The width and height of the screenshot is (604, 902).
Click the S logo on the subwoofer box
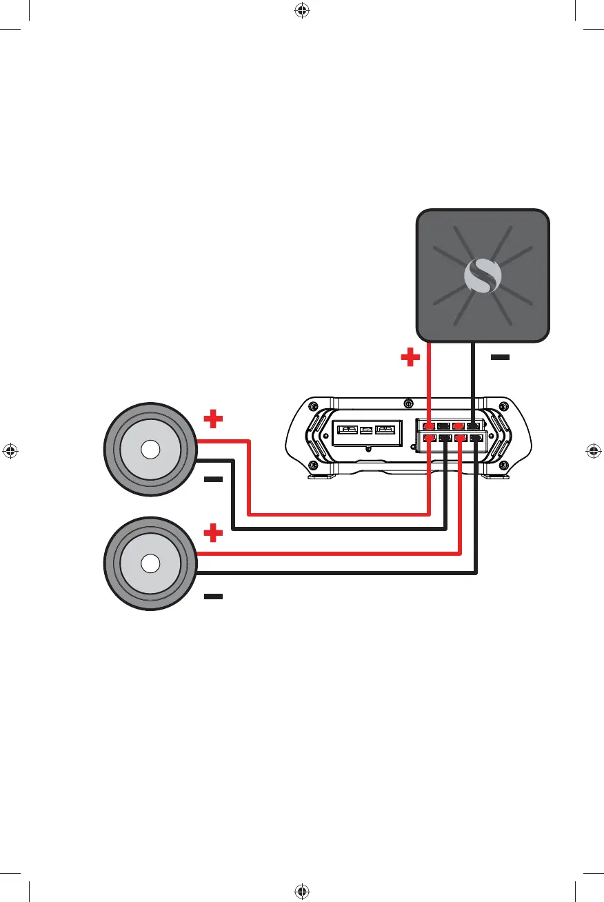point(483,276)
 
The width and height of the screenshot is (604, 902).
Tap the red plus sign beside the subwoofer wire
point(410,357)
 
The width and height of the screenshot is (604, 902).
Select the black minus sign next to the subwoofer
point(501,358)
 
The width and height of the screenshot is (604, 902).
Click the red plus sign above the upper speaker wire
point(214,418)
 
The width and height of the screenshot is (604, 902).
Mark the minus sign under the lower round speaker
point(214,597)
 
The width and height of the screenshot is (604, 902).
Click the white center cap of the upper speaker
point(150,449)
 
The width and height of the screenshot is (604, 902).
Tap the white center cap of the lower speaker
point(150,563)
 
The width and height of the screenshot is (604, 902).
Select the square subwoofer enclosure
point(483,276)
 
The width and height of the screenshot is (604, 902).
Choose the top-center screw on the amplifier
point(408,404)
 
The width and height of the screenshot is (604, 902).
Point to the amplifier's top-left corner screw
point(314,405)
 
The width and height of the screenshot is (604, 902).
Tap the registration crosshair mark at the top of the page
point(301,10)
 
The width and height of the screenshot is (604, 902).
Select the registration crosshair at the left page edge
point(10,451)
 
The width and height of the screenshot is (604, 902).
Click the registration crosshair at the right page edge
point(594,451)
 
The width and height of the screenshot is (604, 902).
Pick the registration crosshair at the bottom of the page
point(301,892)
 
